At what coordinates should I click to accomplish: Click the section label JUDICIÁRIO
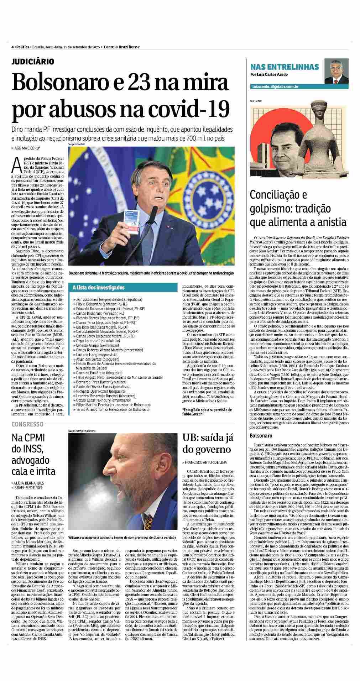click(33, 62)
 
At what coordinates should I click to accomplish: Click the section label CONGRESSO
click(27, 424)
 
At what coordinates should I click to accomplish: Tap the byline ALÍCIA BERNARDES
click(28, 483)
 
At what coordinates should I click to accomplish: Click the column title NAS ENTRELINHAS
click(285, 67)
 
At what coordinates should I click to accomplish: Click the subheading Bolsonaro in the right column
click(261, 435)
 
